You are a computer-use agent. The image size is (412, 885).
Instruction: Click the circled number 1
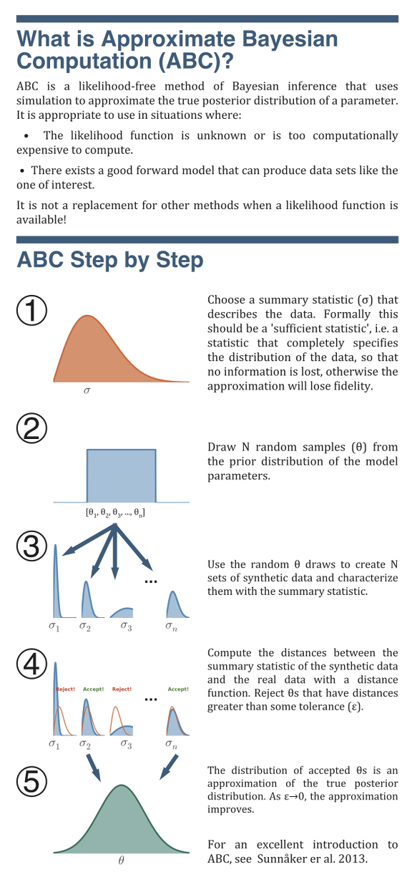[x=31, y=311]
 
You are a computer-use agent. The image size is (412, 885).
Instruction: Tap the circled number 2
[x=31, y=429]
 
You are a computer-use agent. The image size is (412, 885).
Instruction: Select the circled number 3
[x=31, y=546]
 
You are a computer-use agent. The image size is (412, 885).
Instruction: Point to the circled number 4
[x=31, y=664]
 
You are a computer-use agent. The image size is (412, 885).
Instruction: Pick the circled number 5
[x=31, y=782]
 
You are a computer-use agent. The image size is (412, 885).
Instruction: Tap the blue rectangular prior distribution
[x=121, y=475]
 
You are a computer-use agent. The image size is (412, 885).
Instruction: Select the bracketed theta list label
[x=115, y=513]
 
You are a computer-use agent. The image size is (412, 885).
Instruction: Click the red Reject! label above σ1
[x=66, y=689]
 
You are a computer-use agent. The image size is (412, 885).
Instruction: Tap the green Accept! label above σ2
[x=93, y=689]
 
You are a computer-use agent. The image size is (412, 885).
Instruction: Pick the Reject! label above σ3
[x=122, y=689]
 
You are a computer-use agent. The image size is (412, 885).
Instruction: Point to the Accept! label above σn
[x=178, y=689]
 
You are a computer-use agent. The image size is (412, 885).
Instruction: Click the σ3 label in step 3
[x=127, y=627]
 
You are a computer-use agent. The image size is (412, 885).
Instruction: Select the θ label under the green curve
[x=121, y=860]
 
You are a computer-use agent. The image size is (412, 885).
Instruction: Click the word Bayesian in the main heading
[x=290, y=39]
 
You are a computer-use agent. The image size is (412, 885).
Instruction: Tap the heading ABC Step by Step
[x=110, y=260]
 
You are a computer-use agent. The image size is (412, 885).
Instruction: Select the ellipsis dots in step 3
[x=151, y=581]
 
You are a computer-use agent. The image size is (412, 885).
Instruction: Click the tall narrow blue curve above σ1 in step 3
[x=57, y=581]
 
